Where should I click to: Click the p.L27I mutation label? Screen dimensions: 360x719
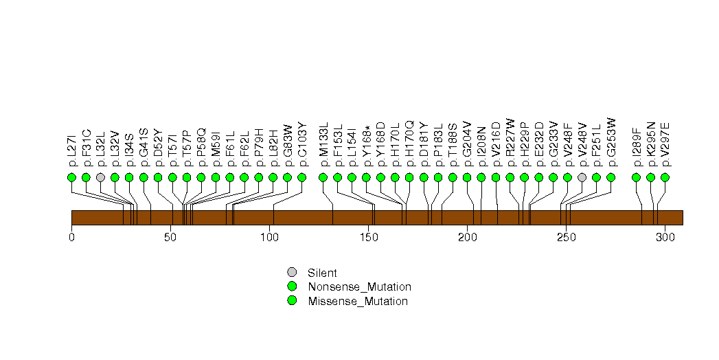tap(72, 149)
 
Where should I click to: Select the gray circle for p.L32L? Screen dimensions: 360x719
tap(100, 177)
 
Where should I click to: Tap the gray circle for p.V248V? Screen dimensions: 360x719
tap(582, 177)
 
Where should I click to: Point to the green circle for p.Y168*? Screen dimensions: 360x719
tap(366, 177)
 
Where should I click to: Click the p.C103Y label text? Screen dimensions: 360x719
tap(301, 145)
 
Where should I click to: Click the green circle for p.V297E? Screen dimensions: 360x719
tap(665, 177)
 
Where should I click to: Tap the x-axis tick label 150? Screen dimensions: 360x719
tap(368, 237)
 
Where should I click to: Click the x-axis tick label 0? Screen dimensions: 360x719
tap(71, 237)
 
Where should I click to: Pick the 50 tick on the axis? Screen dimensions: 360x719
tap(170, 237)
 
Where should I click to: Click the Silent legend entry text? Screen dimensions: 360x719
tap(322, 272)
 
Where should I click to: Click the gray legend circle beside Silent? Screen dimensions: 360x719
tap(292, 272)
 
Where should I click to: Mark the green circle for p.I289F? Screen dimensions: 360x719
tap(636, 177)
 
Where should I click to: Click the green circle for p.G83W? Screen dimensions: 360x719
tap(287, 177)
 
